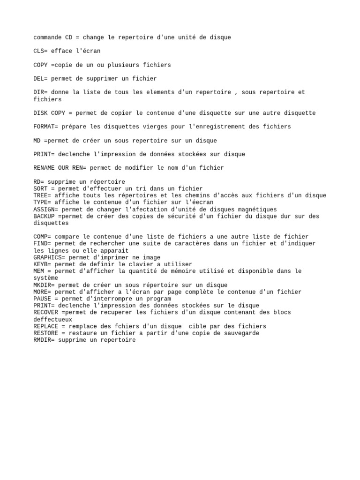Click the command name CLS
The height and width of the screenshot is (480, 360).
(x=39, y=51)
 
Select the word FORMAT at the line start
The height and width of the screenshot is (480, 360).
(x=44, y=127)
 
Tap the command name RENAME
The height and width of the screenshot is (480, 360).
(x=44, y=168)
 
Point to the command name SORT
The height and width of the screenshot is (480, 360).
(x=41, y=188)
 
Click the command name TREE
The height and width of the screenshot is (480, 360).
(x=41, y=195)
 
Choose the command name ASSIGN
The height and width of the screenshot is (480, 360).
(x=44, y=209)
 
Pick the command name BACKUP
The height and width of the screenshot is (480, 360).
(x=44, y=216)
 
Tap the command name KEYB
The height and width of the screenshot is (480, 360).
(x=41, y=264)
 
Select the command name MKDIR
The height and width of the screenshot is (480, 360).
(x=43, y=285)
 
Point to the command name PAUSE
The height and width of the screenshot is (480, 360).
(x=43, y=299)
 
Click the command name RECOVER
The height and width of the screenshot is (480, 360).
(x=46, y=312)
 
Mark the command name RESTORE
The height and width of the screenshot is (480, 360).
(x=46, y=333)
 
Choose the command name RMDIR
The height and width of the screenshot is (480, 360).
(x=43, y=340)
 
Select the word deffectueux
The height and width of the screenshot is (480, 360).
(x=53, y=319)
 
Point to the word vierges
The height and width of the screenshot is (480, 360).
(x=154, y=127)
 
